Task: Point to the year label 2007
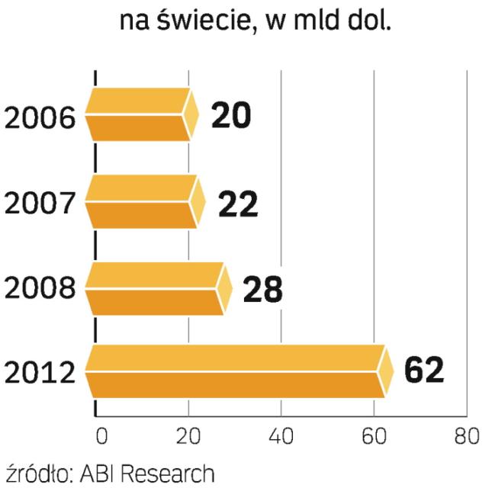tap(40, 204)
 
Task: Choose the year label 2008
tap(40, 290)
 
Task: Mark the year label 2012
tap(40, 374)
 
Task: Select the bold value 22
tap(238, 203)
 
